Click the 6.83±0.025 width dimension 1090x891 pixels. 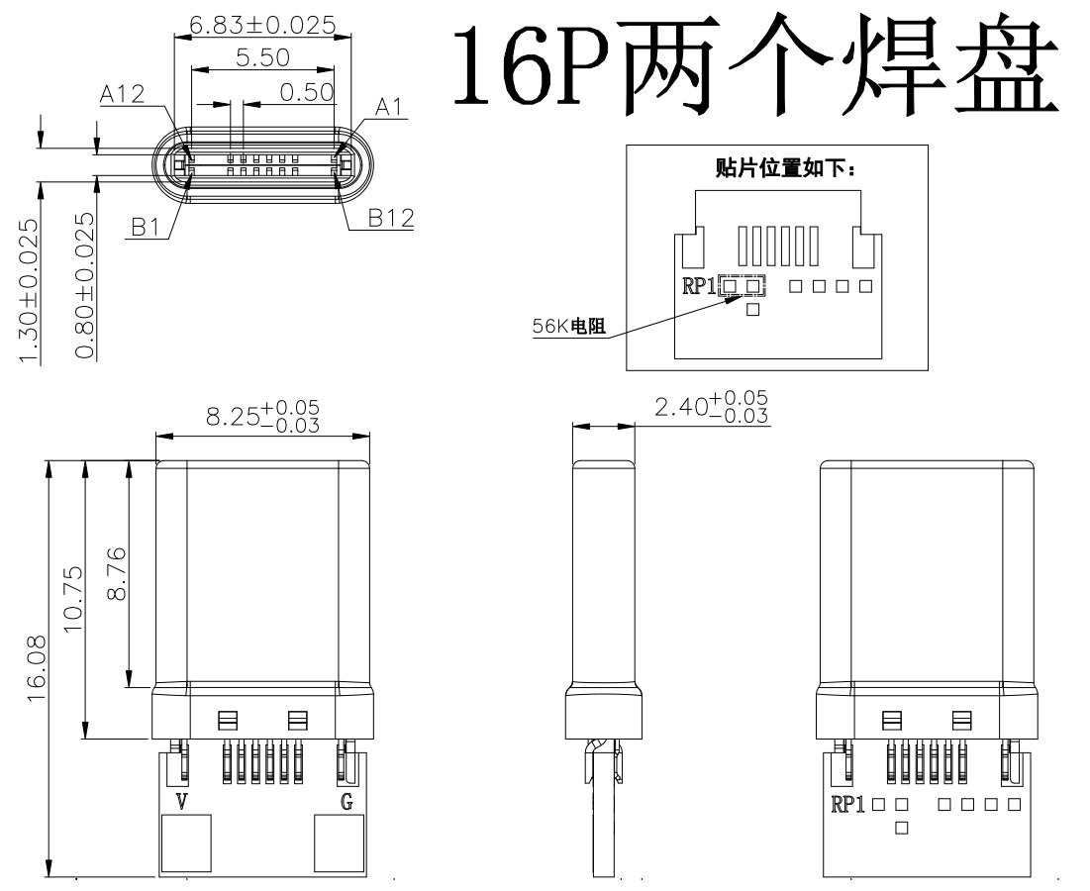coord(262,24)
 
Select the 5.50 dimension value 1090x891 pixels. coord(262,57)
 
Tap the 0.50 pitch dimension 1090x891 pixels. coord(307,92)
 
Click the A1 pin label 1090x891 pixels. coord(390,106)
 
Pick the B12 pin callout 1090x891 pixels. coord(390,218)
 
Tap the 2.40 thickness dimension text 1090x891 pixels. coord(711,405)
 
